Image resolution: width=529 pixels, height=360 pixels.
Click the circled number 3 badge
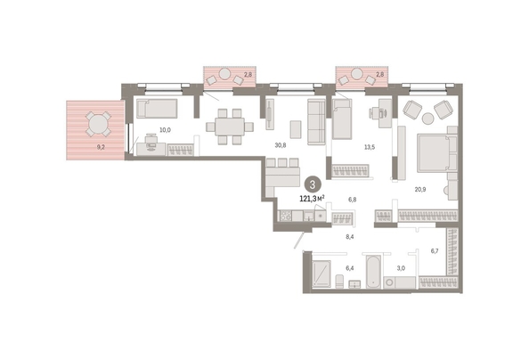click(313, 185)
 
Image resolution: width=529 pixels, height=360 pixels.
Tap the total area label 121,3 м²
click(312, 199)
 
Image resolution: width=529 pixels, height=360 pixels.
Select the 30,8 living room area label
click(281, 145)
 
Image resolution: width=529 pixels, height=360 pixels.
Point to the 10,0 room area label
click(165, 130)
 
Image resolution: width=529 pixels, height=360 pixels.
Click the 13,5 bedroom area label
click(370, 147)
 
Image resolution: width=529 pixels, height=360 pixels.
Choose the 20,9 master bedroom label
click(420, 190)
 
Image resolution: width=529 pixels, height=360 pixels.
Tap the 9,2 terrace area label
click(101, 147)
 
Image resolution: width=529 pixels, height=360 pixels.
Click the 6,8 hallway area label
click(352, 200)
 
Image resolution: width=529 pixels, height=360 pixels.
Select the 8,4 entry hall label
click(349, 237)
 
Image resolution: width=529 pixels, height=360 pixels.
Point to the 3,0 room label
click(401, 268)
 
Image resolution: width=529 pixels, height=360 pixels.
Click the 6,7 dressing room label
click(435, 251)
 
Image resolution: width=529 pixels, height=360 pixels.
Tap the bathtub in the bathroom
click(373, 272)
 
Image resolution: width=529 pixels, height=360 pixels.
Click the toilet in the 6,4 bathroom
click(339, 282)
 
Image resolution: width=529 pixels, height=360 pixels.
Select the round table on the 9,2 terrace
click(97, 124)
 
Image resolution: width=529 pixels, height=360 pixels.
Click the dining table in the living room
click(230, 127)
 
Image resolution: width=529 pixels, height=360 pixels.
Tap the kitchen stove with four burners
click(285, 216)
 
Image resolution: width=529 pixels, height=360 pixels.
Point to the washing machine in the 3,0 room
click(390, 282)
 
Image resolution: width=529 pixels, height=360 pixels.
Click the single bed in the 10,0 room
click(157, 109)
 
